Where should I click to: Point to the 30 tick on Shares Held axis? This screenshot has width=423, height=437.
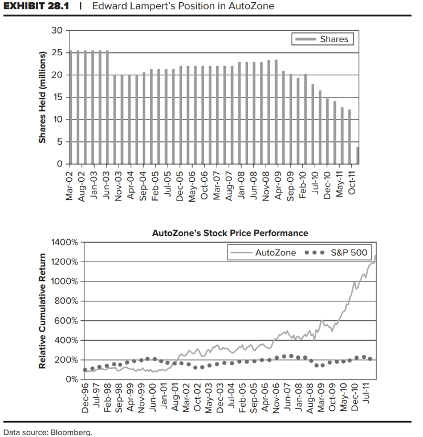coord(56,30)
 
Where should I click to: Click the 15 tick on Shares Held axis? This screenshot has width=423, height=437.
coord(56,97)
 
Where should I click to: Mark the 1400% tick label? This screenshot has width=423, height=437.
coord(66,242)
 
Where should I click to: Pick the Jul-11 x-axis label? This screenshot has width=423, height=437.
coord(370,402)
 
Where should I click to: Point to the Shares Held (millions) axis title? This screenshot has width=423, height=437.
coord(42,97)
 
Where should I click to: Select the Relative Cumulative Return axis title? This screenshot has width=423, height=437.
coord(42,311)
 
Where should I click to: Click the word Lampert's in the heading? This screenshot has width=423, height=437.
coord(148,6)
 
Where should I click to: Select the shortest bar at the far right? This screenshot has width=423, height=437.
coord(357,156)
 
